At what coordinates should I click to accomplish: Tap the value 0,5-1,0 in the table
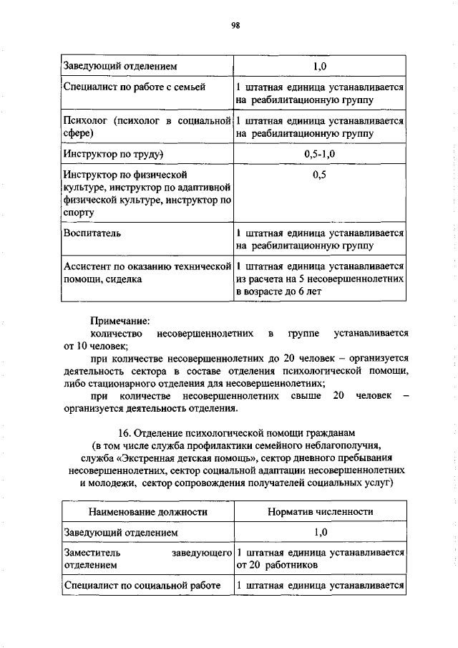(x=319, y=155)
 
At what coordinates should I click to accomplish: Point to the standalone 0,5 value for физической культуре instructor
(x=319, y=175)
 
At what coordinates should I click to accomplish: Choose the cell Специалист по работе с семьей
(x=134, y=87)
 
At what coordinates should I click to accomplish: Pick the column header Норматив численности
(x=320, y=512)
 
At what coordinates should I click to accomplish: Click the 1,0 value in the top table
(x=319, y=67)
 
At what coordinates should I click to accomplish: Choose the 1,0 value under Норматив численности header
(x=319, y=533)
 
